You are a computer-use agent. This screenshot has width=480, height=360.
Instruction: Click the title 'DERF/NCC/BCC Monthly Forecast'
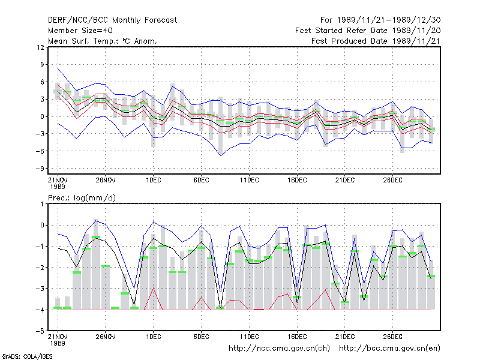(112, 20)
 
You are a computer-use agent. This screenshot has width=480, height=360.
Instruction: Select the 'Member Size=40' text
(80, 31)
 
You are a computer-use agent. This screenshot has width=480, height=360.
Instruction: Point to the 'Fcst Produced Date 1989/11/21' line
(376, 41)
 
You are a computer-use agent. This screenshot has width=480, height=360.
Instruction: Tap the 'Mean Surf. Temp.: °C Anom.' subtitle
(102, 41)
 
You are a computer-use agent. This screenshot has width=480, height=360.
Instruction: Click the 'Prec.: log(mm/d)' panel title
(82, 198)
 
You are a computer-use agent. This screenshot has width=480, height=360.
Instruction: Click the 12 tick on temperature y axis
(40, 47)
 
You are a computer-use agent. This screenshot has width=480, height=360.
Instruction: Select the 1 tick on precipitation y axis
(42, 204)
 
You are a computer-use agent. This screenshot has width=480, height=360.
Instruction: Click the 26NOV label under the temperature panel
(106, 180)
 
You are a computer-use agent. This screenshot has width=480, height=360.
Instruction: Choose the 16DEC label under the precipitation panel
(297, 337)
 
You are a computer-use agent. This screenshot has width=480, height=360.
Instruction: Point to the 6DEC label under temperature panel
(201, 180)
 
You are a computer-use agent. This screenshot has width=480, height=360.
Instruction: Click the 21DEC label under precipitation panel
(345, 337)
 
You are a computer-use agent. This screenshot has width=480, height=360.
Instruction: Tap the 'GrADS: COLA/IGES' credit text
(27, 356)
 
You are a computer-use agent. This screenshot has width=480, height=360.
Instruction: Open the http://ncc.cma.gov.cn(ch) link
(279, 349)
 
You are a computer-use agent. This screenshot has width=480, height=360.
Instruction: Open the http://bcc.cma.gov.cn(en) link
(389, 349)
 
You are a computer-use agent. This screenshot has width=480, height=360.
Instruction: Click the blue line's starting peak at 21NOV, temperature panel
(58, 68)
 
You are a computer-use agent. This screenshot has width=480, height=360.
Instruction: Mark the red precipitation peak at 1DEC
(154, 289)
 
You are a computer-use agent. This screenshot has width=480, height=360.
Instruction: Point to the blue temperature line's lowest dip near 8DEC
(221, 155)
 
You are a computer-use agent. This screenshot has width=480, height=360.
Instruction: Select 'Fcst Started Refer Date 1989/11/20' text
(368, 31)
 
